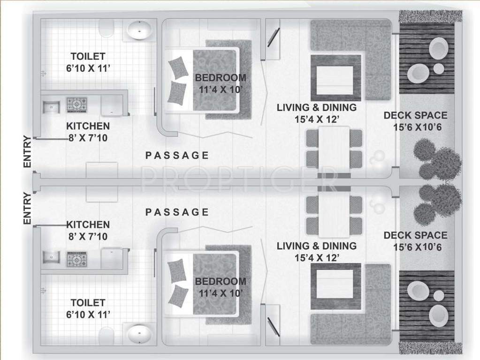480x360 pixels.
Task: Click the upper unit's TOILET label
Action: click(x=88, y=56)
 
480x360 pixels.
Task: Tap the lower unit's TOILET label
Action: click(x=88, y=303)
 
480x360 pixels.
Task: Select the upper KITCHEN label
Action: click(x=88, y=126)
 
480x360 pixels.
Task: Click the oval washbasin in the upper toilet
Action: click(x=139, y=30)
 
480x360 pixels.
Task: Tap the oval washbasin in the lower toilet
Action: click(x=139, y=334)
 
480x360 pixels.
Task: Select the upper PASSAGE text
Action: click(x=177, y=156)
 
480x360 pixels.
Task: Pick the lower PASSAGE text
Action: click(x=177, y=212)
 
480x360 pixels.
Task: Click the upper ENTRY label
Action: click(x=27, y=151)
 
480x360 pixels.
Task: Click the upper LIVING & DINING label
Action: click(x=316, y=107)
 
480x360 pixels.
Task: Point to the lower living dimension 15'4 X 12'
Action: click(x=316, y=257)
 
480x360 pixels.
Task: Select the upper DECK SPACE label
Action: click(x=415, y=115)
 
